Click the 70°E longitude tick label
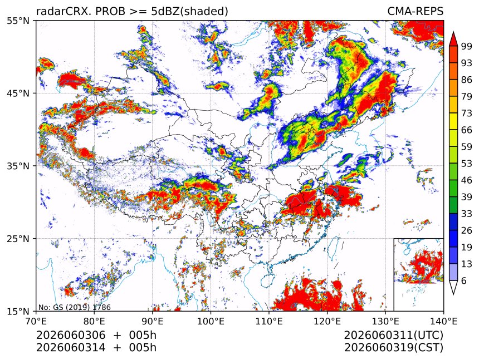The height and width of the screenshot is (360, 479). pyautogui.click(x=36, y=321)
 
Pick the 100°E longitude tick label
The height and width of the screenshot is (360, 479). pyautogui.click(x=211, y=321)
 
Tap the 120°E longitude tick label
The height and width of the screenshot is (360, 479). pyautogui.click(x=327, y=321)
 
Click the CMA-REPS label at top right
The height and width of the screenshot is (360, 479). pyautogui.click(x=415, y=11)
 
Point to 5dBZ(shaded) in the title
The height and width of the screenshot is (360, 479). pyautogui.click(x=190, y=12)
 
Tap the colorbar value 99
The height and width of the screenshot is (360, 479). pyautogui.click(x=467, y=46)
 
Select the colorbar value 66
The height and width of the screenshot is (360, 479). pyautogui.click(x=467, y=130)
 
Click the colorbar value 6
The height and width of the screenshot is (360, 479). pyautogui.click(x=464, y=280)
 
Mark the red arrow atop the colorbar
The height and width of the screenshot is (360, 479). pyautogui.click(x=453, y=39)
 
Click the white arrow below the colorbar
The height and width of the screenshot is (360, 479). pyautogui.click(x=453, y=287)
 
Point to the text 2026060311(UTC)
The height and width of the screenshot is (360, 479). pyautogui.click(x=393, y=335)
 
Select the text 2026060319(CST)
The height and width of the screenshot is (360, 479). pyautogui.click(x=393, y=348)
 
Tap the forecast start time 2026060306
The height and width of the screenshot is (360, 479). pyautogui.click(x=71, y=335)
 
